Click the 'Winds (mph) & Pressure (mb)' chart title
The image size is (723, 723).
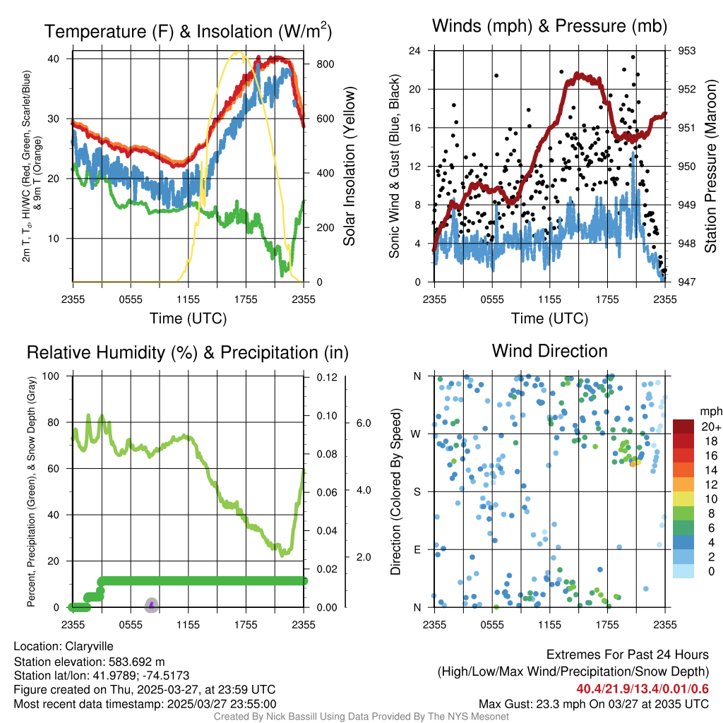tap(549, 27)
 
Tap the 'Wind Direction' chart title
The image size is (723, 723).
tap(549, 351)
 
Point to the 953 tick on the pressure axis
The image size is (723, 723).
tap(687, 51)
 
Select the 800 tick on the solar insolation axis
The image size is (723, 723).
tap(325, 64)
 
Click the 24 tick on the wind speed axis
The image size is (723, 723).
tap(415, 51)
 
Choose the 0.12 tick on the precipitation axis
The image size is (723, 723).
tap(325, 377)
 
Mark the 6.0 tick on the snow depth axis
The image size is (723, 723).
tap(364, 423)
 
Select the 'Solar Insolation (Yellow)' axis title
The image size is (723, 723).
tap(349, 166)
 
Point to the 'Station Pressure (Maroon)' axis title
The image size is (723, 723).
tap(711, 166)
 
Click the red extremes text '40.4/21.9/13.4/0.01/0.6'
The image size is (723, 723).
tap(643, 689)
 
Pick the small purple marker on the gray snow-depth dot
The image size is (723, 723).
tap(151, 604)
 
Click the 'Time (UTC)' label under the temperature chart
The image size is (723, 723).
tap(188, 318)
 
